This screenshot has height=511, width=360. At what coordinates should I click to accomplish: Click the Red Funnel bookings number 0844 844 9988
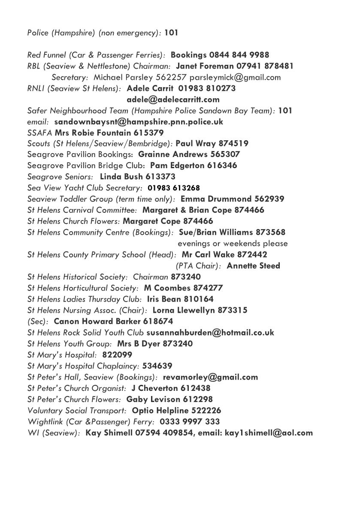tap(239, 55)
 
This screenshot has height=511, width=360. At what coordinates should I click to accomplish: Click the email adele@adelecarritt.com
tap(173, 100)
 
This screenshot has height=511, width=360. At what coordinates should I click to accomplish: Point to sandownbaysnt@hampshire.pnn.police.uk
tap(139, 121)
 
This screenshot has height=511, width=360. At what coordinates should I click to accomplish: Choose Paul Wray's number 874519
tap(233, 144)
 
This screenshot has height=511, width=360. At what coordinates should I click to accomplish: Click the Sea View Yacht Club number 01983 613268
tap(173, 188)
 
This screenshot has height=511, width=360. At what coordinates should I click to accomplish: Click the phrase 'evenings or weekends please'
tap(233, 243)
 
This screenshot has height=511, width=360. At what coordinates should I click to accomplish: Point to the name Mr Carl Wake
tap(208, 254)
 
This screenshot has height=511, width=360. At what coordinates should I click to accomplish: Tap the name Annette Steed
tap(253, 266)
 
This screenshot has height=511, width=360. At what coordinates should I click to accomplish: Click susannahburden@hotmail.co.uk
tap(210, 333)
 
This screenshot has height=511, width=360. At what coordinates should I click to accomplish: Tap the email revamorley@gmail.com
tap(210, 377)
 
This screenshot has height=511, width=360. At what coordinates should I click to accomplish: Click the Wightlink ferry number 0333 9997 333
tap(189, 421)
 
